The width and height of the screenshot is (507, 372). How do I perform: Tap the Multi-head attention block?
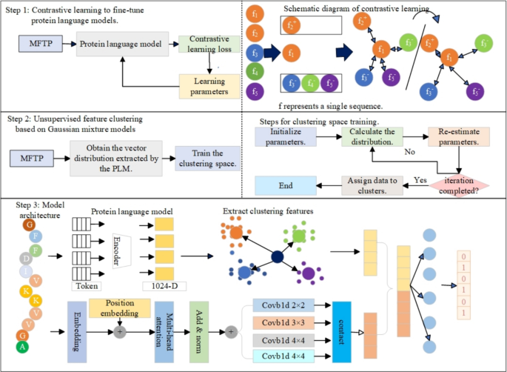pos(164,327)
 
